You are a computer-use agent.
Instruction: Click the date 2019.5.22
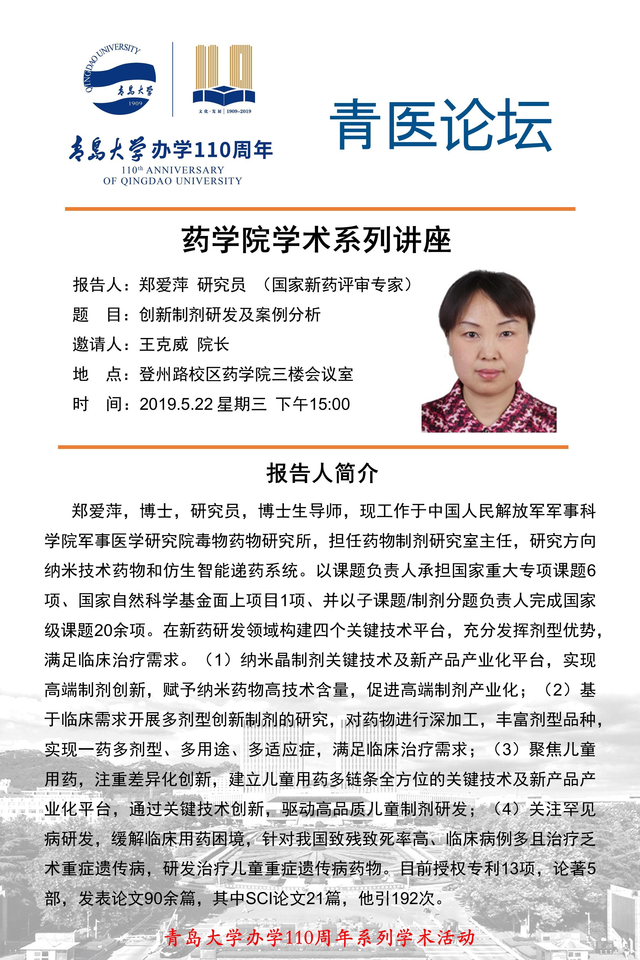click(x=176, y=404)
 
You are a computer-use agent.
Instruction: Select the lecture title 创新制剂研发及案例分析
click(x=229, y=314)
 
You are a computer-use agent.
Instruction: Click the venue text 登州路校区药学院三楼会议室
click(x=246, y=374)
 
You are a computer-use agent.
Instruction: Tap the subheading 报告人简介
click(x=322, y=474)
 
